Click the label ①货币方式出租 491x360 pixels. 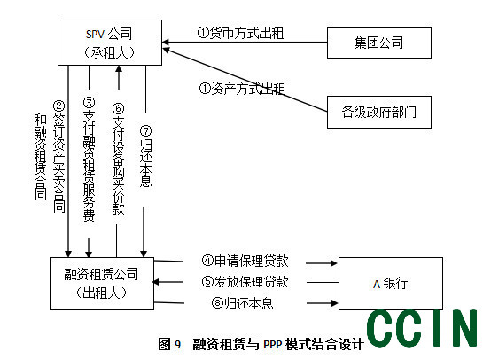pyautogui.click(x=240, y=33)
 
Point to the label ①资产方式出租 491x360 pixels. pyautogui.click(x=242, y=89)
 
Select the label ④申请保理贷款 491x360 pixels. pyautogui.click(x=245, y=261)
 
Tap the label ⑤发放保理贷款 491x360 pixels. pyautogui.click(x=245, y=281)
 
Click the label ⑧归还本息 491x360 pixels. pyautogui.click(x=242, y=302)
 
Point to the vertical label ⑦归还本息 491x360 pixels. pyautogui.click(x=145, y=156)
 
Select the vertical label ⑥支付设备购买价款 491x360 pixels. pyautogui.click(x=119, y=159)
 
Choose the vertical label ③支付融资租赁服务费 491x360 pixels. pyautogui.click(x=89, y=160)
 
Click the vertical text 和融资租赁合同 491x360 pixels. pyautogui.click(x=41, y=157)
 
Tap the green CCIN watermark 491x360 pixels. pyautogui.click(x=422, y=328)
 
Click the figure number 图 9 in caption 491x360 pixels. pyautogui.click(x=169, y=344)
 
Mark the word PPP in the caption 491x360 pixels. pyautogui.click(x=273, y=345)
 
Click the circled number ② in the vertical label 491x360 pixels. pyautogui.click(x=58, y=106)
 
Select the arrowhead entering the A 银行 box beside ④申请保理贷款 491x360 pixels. pyautogui.click(x=334, y=263)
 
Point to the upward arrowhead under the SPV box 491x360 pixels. pyautogui.click(x=119, y=69)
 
